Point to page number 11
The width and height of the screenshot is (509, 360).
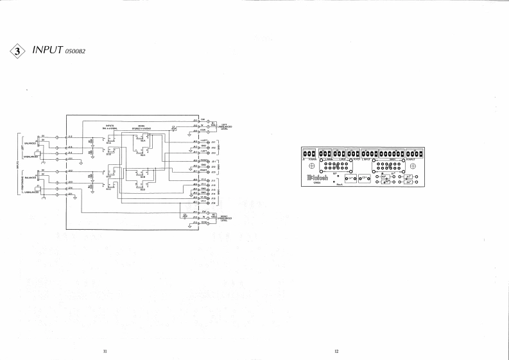pyautogui.click(x=105, y=351)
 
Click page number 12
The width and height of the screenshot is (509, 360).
pyautogui.click(x=336, y=351)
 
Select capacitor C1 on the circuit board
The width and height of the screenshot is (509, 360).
pyautogui.click(x=350, y=178)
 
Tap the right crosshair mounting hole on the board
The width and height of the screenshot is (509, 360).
pyautogui.click(x=413, y=167)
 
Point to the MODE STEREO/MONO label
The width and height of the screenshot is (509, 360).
pyautogui.click(x=142, y=127)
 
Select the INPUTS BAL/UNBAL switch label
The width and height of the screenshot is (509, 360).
pyautogui.click(x=108, y=127)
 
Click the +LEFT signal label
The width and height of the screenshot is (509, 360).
pyautogui.click(x=205, y=141)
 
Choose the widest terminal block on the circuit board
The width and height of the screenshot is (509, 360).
pyautogui.click(x=391, y=154)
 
